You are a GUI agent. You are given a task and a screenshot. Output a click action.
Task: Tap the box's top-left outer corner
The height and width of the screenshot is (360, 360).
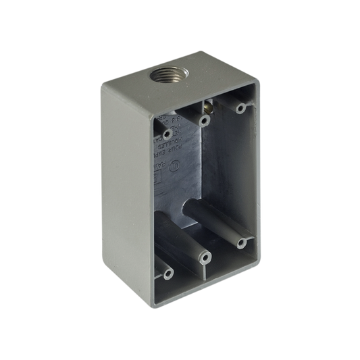(101, 82)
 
